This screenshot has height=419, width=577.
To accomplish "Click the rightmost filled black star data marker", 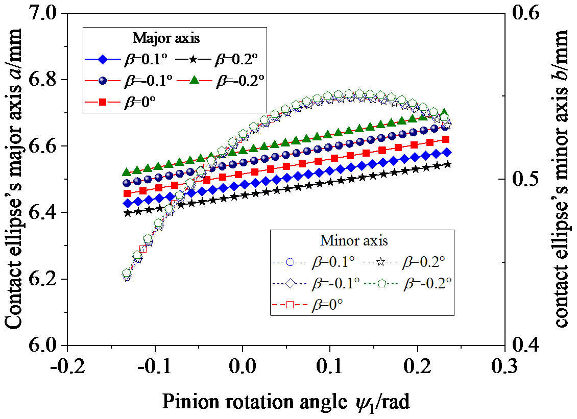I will coord(448,164).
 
